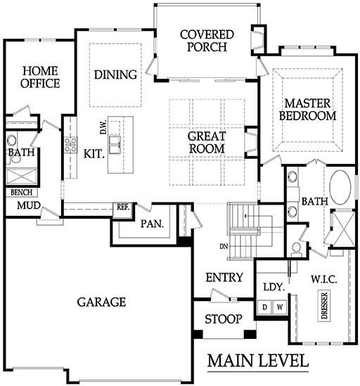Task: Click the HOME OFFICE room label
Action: tap(40, 77)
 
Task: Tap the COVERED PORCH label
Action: tap(207, 41)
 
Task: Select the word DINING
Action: tap(115, 75)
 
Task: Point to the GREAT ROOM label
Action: tap(207, 143)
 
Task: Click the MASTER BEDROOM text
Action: tap(307, 110)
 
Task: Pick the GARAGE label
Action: tap(101, 302)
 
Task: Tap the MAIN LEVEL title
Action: tap(258, 361)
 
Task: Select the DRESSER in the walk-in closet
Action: tap(325, 306)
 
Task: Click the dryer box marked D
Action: tap(264, 307)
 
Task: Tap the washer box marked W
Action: tap(280, 307)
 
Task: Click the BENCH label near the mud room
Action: tap(21, 192)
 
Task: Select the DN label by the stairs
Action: tap(224, 246)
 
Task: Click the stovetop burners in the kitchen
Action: tap(70, 145)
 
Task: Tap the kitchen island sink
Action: tap(114, 145)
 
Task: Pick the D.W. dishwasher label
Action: tap(103, 127)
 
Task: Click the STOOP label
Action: tap(224, 319)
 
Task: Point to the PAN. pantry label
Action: tap(152, 224)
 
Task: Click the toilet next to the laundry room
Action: tap(297, 249)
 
